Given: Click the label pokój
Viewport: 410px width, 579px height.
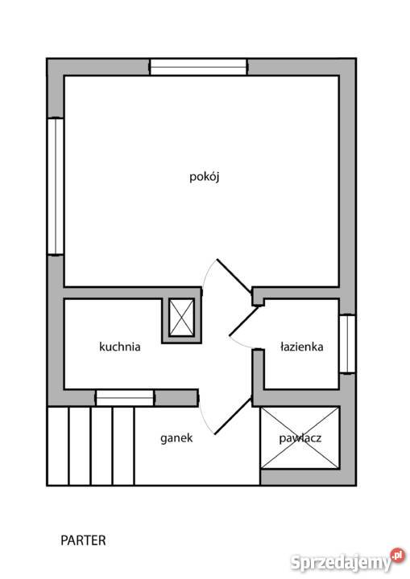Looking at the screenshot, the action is tap(205, 177).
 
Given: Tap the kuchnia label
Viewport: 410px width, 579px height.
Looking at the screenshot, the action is tap(120, 347).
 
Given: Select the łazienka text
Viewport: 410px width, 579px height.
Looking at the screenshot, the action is tap(301, 347).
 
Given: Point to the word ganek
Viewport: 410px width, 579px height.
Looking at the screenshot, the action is tap(176, 438).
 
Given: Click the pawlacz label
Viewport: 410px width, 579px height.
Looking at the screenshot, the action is tap(300, 438).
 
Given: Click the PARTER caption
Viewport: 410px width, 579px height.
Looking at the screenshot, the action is tap(83, 540).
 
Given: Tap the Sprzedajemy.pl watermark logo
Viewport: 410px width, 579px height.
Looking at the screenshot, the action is tap(347, 561).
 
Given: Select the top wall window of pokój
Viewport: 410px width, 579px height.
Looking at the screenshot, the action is tap(198, 67).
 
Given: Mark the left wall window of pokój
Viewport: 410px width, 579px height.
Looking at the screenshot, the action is tap(56, 186).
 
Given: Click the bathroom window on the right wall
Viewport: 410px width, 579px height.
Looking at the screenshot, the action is tap(347, 344).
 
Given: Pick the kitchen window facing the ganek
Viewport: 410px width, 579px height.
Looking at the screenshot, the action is tap(125, 398).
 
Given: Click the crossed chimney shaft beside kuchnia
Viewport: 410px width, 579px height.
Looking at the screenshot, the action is tap(182, 318).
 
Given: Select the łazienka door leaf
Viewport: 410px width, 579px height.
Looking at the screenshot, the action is tap(244, 321).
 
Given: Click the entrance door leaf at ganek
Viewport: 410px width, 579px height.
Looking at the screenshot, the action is tap(233, 417).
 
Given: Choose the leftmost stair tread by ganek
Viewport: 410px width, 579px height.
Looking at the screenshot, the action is tap(58, 446).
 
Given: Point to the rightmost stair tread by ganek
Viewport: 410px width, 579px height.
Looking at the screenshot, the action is tap(123, 446).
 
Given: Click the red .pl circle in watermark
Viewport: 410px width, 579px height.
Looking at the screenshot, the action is tap(397, 556).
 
